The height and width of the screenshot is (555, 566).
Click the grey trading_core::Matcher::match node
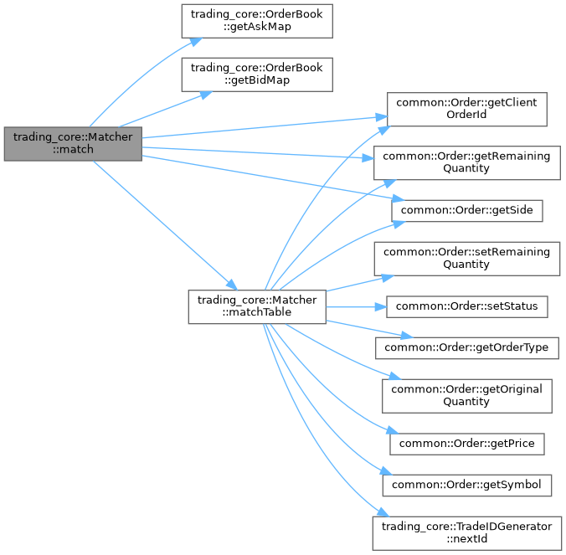73,143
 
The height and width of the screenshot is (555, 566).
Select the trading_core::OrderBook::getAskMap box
257,20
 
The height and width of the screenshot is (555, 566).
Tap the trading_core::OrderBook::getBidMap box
257,74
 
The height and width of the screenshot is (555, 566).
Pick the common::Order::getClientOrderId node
466,109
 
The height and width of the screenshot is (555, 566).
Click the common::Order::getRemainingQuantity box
466,162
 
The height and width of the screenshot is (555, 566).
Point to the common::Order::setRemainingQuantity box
466,258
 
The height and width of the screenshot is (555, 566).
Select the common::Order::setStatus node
466,306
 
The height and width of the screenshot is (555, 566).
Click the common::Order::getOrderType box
466,346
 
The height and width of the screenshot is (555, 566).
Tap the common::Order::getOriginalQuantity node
466,394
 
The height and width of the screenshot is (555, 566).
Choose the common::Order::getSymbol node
466,484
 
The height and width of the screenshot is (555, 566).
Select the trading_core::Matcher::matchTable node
257,306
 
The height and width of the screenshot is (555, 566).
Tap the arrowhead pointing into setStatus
380,306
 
